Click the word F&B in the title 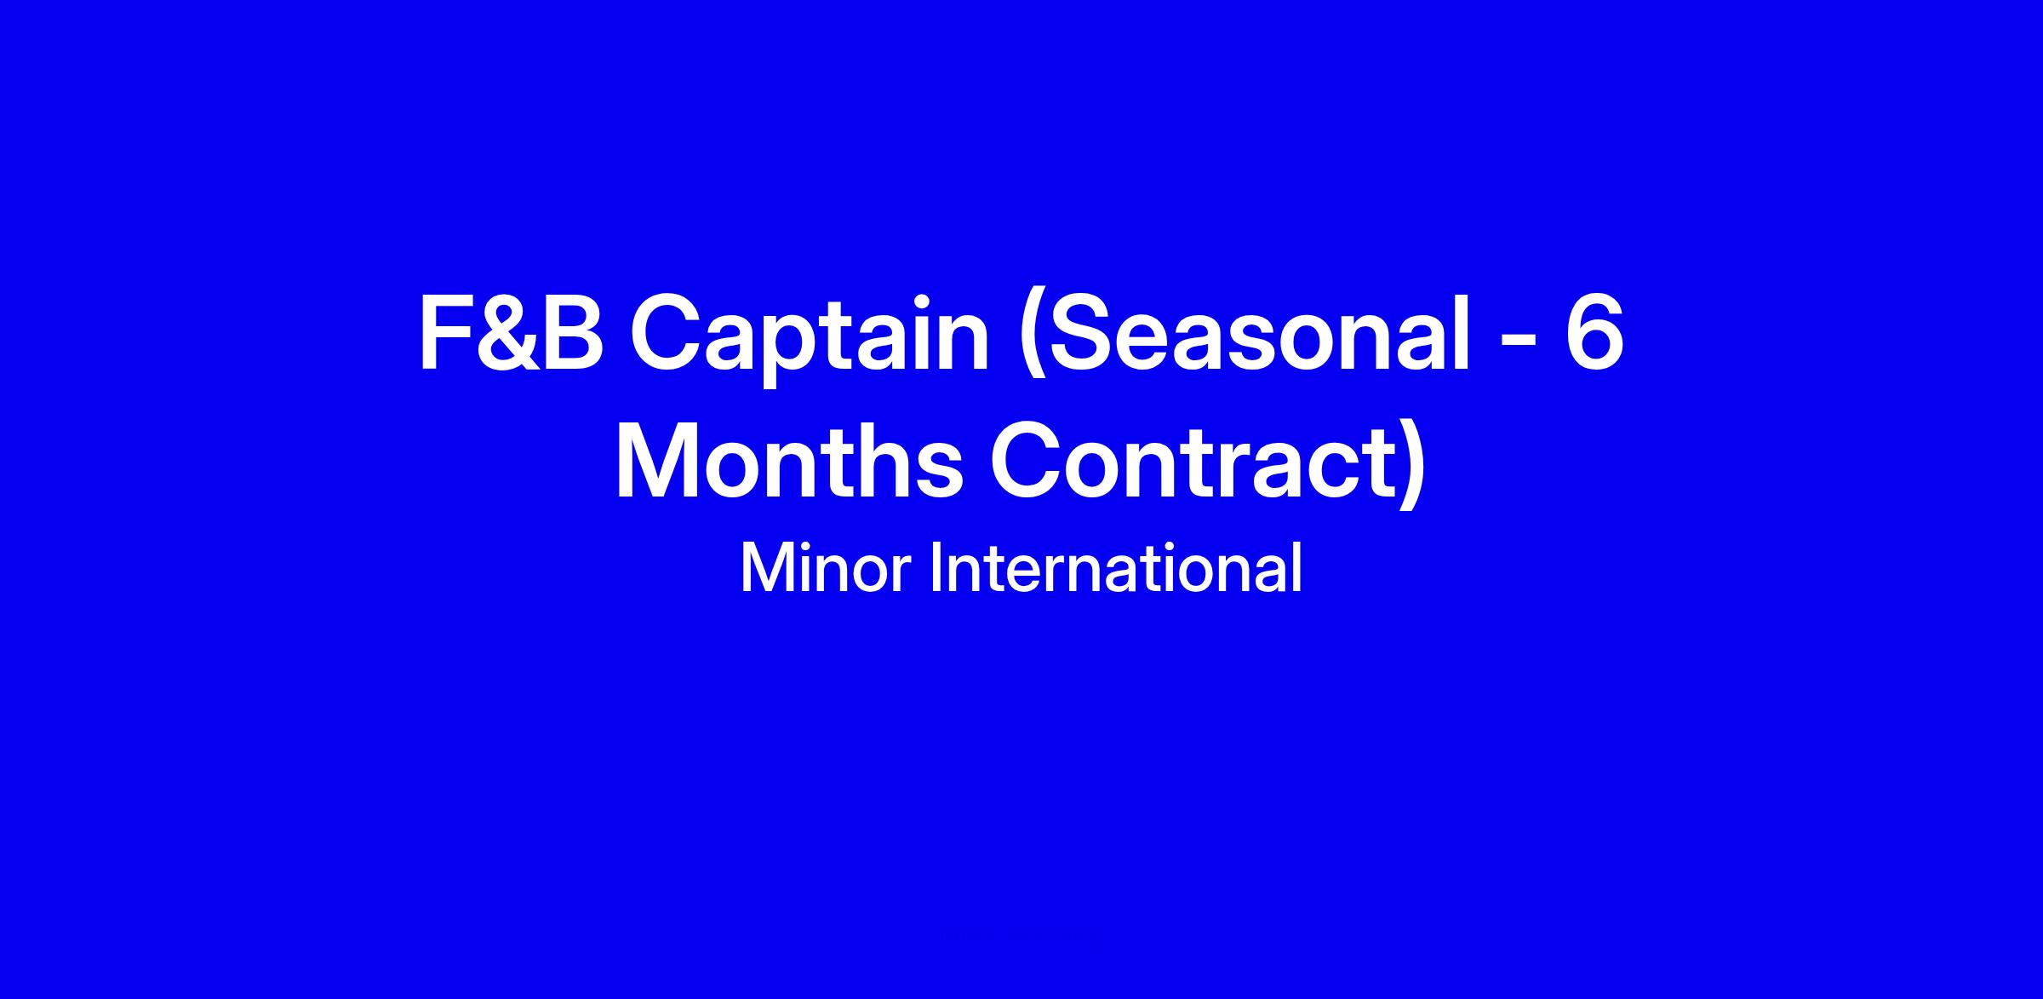[512, 333]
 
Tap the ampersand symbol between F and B [506, 333]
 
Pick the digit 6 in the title [1593, 333]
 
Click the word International [1115, 567]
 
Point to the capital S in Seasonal [1084, 333]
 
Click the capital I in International [936, 567]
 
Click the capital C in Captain [668, 333]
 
